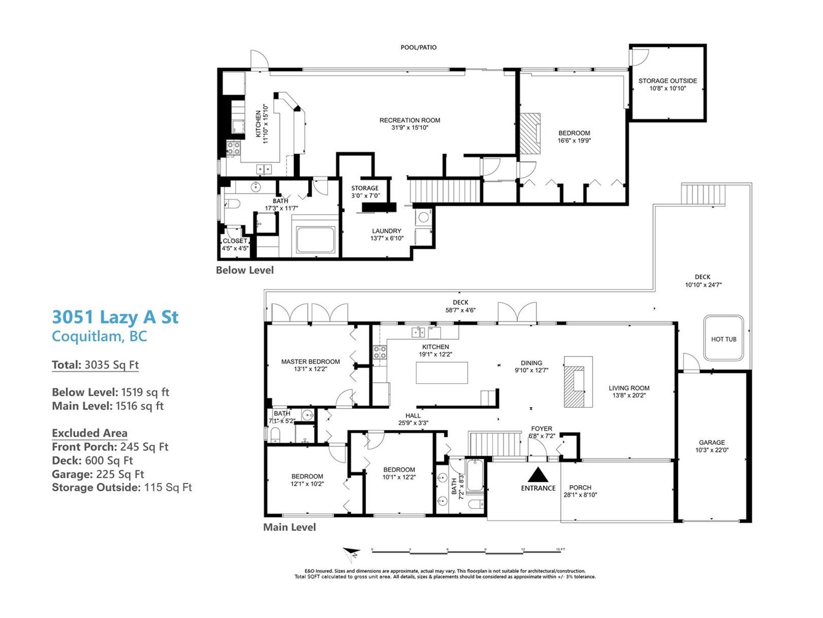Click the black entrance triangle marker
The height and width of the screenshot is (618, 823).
click(538, 474)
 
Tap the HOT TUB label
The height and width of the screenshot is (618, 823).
click(723, 339)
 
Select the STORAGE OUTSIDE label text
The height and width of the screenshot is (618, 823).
click(667, 81)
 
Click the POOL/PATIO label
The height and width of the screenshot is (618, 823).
click(418, 47)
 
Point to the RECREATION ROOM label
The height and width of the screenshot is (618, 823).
click(409, 120)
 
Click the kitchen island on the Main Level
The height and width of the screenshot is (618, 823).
click(442, 372)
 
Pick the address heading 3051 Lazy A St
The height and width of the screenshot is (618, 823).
click(115, 317)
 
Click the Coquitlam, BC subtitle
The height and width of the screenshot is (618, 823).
click(99, 336)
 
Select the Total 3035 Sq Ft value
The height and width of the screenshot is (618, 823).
click(112, 365)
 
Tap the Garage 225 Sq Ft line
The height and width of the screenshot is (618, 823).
click(98, 474)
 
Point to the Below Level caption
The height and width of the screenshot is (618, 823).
click(245, 270)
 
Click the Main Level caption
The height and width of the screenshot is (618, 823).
click(290, 527)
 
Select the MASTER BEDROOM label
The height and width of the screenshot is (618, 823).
click(311, 362)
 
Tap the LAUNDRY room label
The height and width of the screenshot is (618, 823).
click(387, 231)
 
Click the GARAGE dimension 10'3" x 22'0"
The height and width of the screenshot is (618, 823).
click(712, 450)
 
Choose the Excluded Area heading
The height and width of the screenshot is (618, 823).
click(90, 433)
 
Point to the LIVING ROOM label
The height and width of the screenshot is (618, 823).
click(629, 388)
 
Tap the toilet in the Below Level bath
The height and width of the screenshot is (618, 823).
click(232, 204)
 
